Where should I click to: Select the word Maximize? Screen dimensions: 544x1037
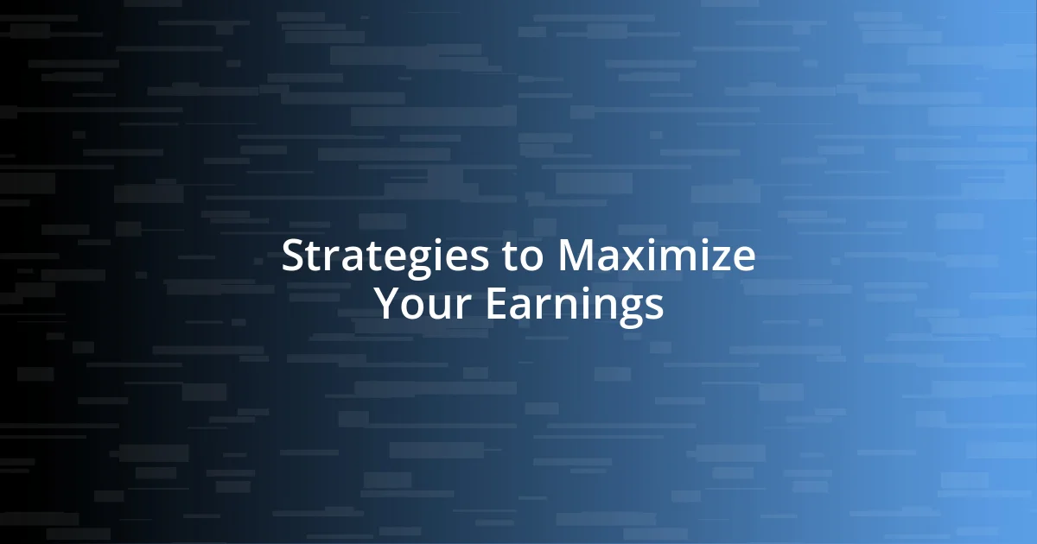[656, 257]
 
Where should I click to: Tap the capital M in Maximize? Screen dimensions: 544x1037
[575, 257]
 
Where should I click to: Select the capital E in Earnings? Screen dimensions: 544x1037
[496, 304]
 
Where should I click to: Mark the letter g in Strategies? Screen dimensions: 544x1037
[408, 263]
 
